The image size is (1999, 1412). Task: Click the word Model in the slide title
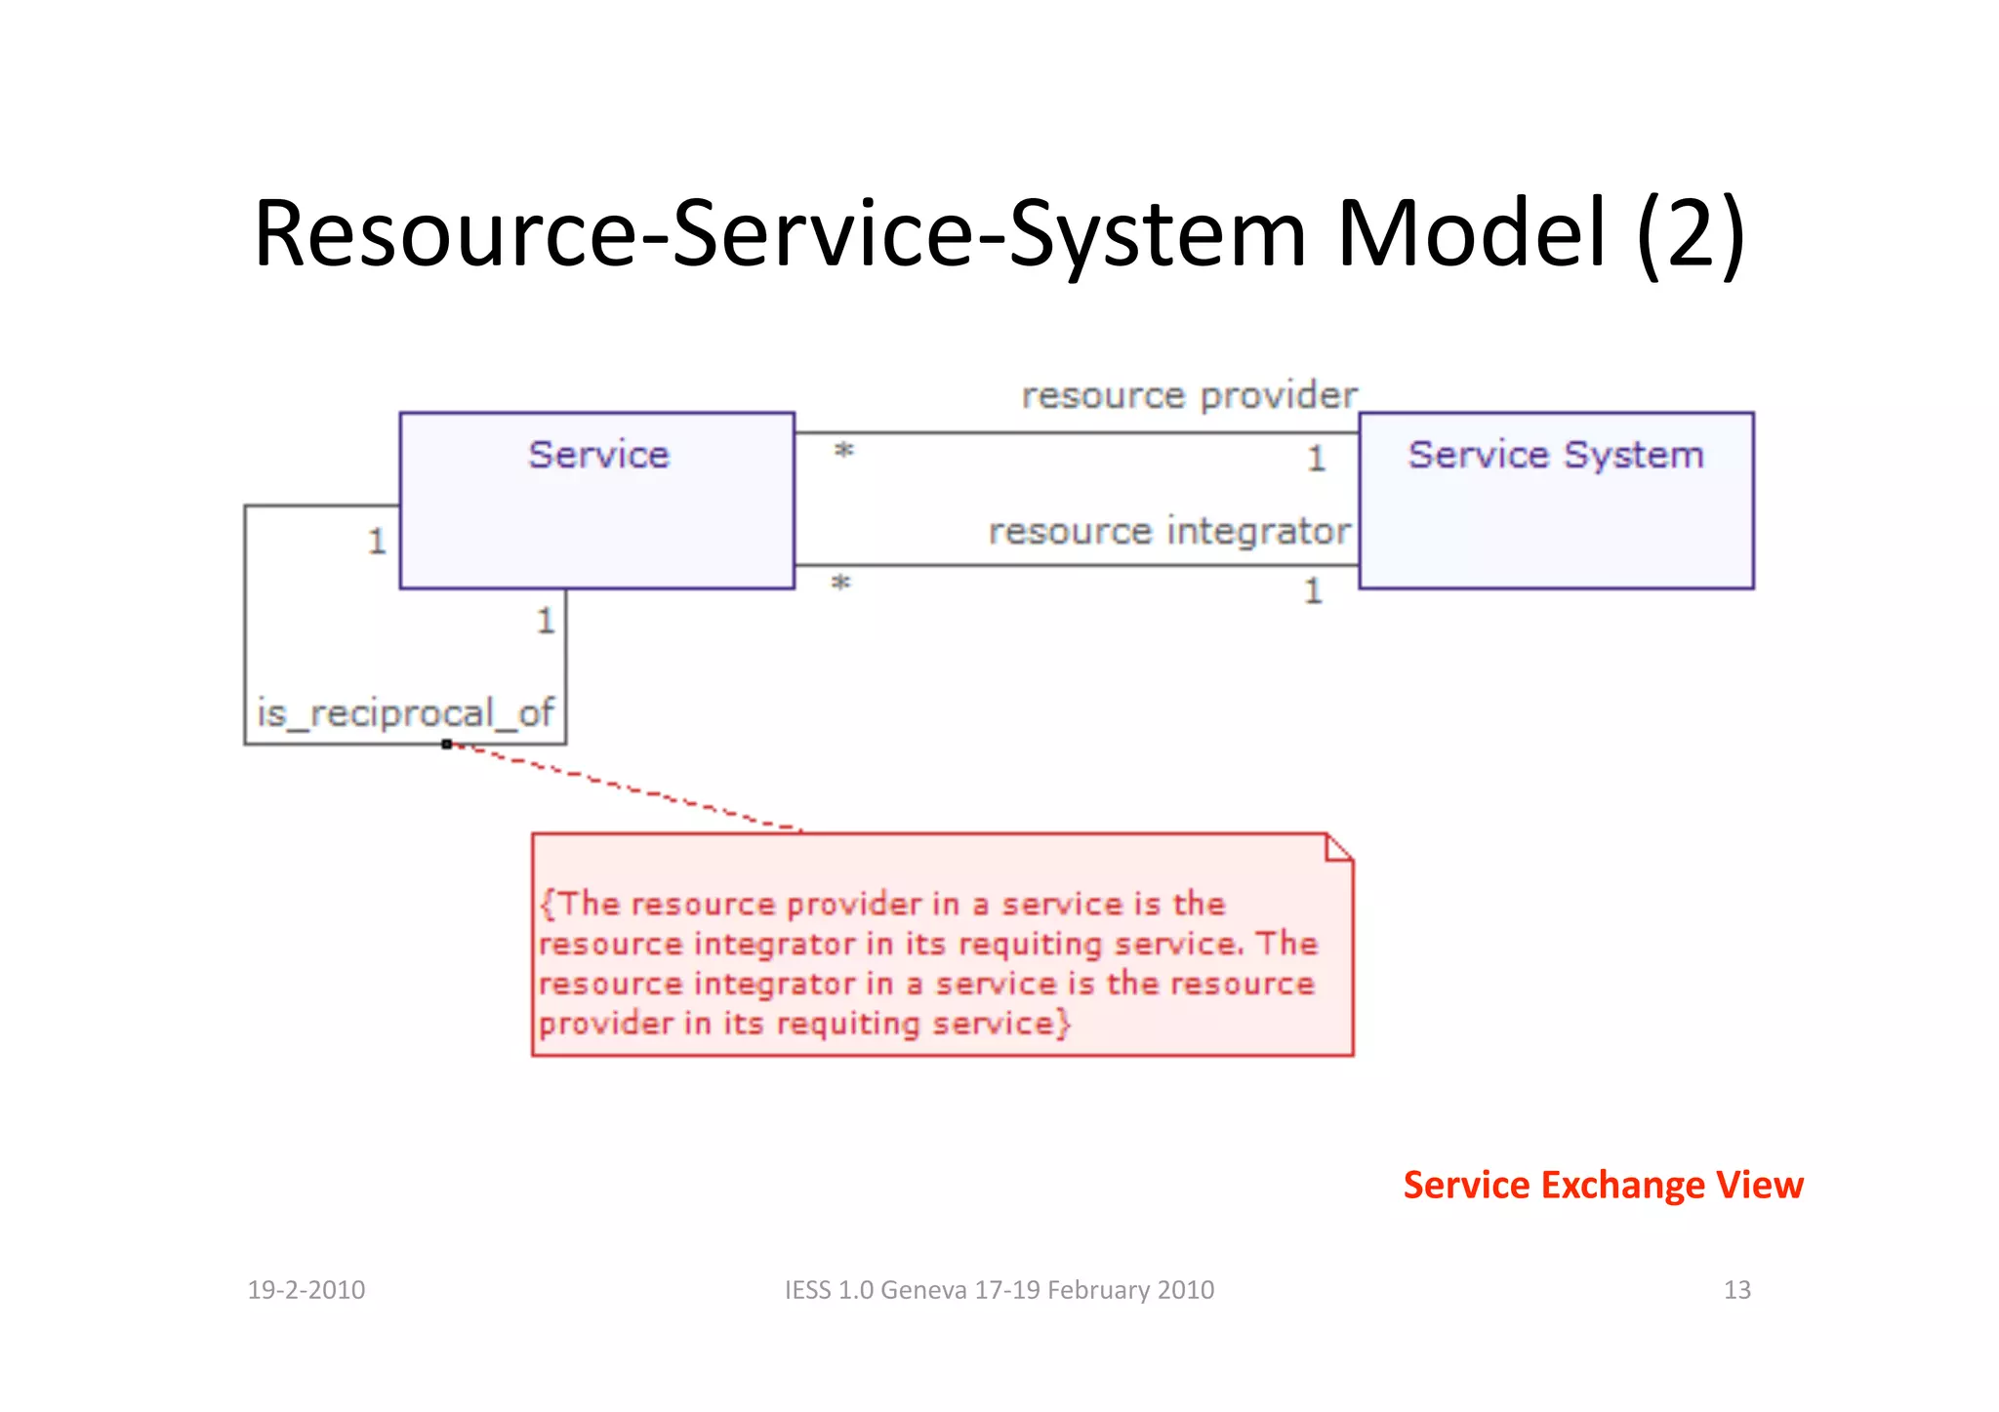pyautogui.click(x=1470, y=234)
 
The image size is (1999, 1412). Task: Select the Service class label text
pyautogui.click(x=598, y=455)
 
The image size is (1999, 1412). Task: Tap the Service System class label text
pyautogui.click(x=1555, y=455)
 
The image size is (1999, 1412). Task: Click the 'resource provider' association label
pyautogui.click(x=1188, y=396)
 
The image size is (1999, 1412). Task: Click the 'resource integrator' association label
pyautogui.click(x=1168, y=532)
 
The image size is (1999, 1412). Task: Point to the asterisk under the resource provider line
pyautogui.click(x=844, y=452)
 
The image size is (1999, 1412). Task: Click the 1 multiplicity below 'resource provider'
pyautogui.click(x=1316, y=458)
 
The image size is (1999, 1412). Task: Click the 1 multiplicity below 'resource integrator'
pyautogui.click(x=1313, y=590)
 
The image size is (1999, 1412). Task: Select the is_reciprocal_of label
pyautogui.click(x=405, y=713)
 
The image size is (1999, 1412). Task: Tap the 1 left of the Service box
pyautogui.click(x=377, y=541)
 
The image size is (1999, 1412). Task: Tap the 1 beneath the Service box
pyautogui.click(x=545, y=621)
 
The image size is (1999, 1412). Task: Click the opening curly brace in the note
pyautogui.click(x=547, y=904)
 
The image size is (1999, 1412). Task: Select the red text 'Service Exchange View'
pyautogui.click(x=1603, y=1185)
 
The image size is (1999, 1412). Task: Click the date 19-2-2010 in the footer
pyautogui.click(x=306, y=1290)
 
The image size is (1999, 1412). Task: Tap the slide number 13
pyautogui.click(x=1736, y=1290)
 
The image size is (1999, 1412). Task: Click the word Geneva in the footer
pyautogui.click(x=922, y=1290)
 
